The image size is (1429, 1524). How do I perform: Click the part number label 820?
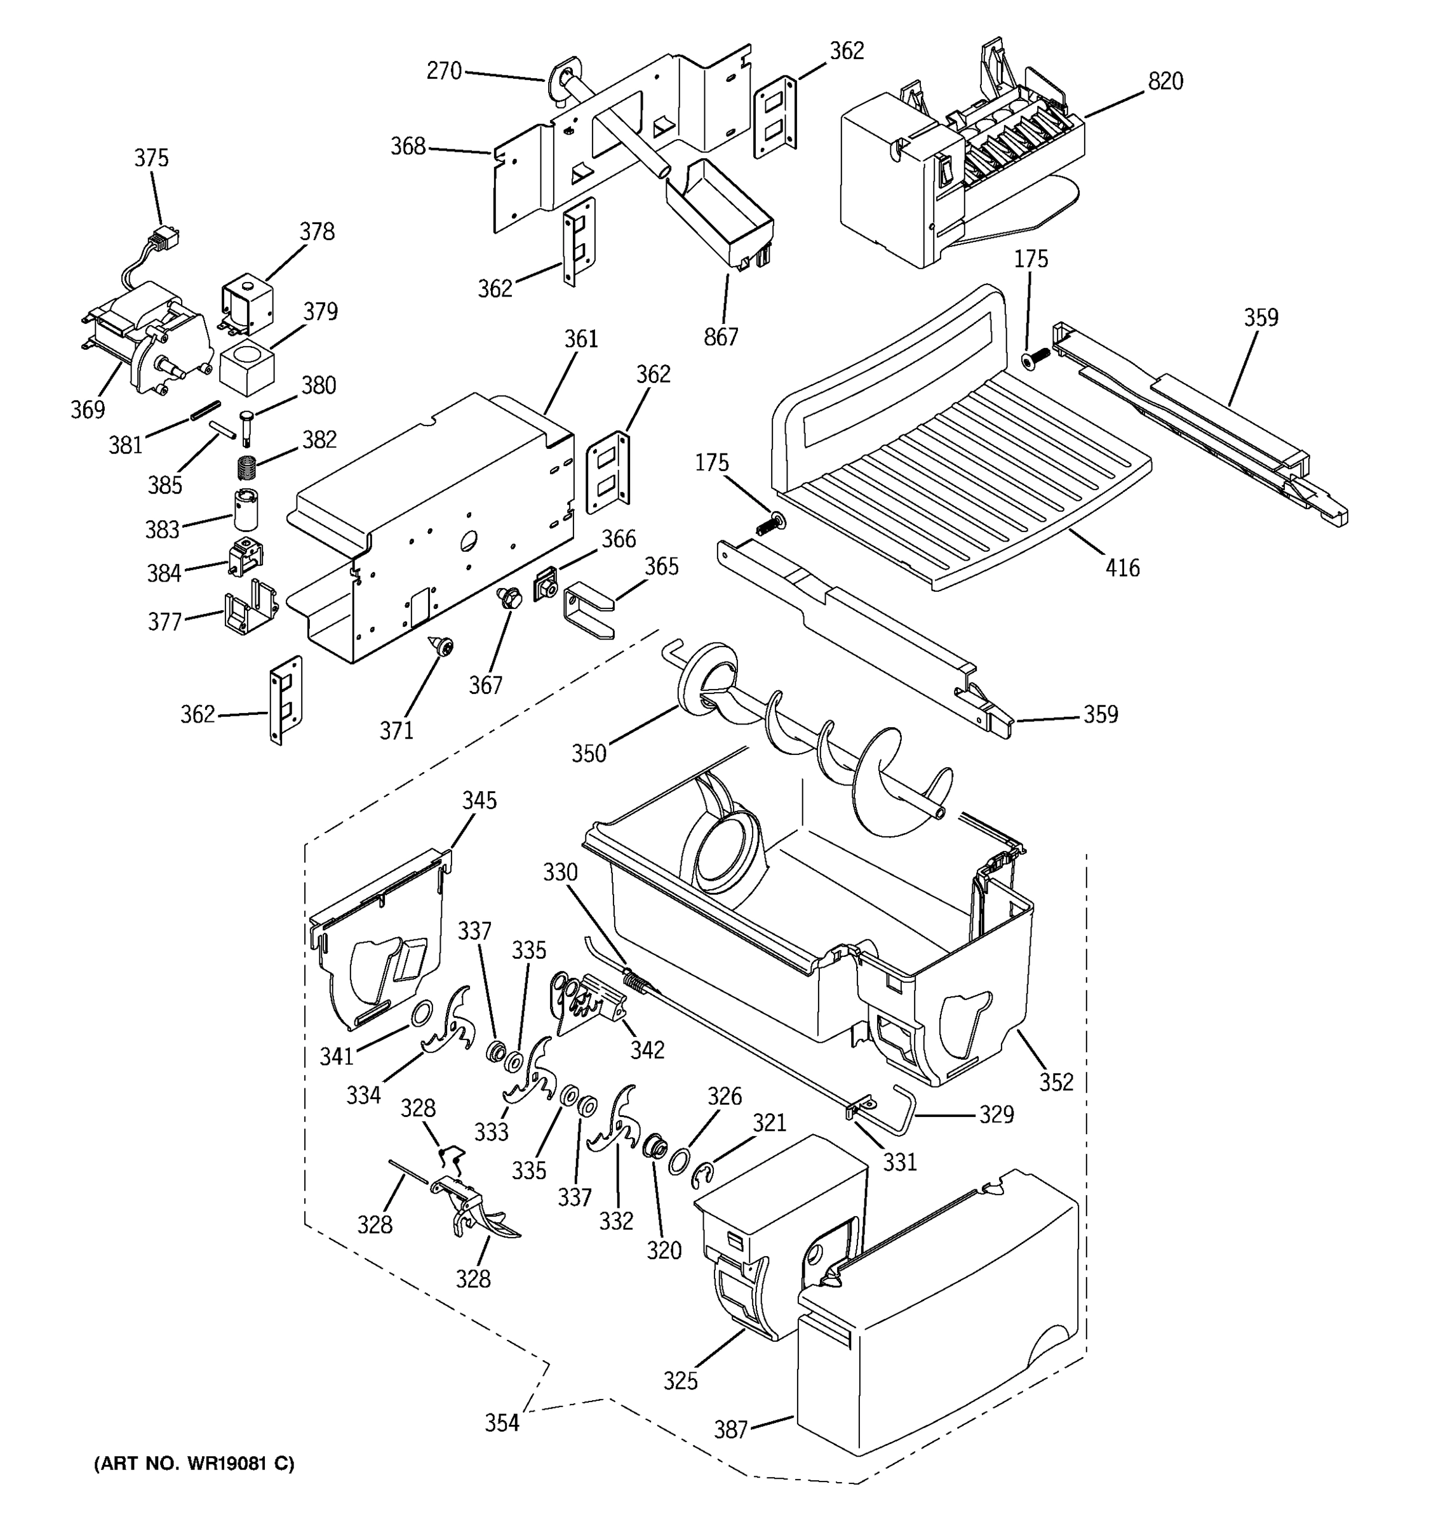(1165, 81)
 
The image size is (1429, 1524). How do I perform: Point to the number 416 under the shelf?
(1122, 568)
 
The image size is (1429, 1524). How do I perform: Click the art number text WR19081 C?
(194, 1464)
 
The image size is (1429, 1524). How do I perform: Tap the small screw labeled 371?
(442, 648)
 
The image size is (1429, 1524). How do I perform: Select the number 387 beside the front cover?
(730, 1430)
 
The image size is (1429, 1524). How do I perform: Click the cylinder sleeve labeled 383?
(246, 510)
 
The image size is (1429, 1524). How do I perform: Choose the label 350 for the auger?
(589, 754)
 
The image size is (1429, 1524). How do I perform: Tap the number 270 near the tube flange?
(444, 71)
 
